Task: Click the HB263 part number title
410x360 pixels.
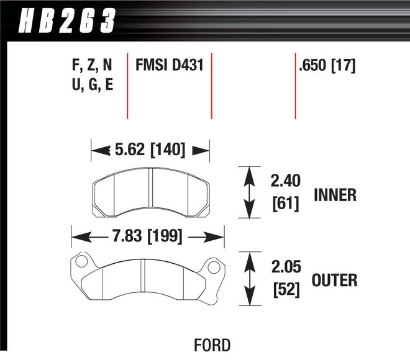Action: [x=67, y=21]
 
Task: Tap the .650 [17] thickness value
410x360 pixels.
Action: [x=327, y=65]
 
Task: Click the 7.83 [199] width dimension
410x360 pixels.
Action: [x=147, y=236]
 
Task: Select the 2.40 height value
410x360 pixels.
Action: [x=285, y=181]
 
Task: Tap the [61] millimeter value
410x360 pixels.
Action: [x=285, y=203]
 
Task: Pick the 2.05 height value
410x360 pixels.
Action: [x=285, y=268]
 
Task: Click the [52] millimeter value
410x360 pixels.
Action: [x=285, y=289]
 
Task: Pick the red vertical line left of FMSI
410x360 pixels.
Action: [x=127, y=86]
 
